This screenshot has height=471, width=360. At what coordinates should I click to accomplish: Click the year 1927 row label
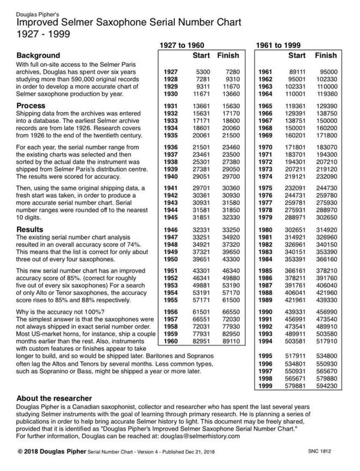point(171,71)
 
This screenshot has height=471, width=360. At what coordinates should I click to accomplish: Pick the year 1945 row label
point(171,217)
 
